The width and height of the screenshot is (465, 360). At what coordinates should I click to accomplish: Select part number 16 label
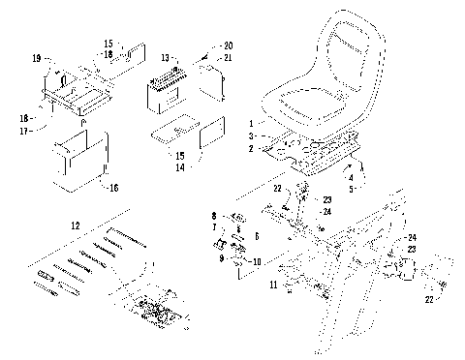[113, 187]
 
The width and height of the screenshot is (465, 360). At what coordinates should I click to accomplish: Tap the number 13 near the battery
[166, 58]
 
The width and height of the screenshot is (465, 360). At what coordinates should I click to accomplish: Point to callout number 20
[228, 45]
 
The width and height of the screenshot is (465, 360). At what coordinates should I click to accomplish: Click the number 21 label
[228, 58]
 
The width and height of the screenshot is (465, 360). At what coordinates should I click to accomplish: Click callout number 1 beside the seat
[252, 124]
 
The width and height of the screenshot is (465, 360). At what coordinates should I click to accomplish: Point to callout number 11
[274, 286]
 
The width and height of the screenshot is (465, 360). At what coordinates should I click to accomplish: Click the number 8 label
[214, 217]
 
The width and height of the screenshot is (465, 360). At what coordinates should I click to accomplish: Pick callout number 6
[257, 234]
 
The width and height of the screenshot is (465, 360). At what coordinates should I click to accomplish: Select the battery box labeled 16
[82, 159]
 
